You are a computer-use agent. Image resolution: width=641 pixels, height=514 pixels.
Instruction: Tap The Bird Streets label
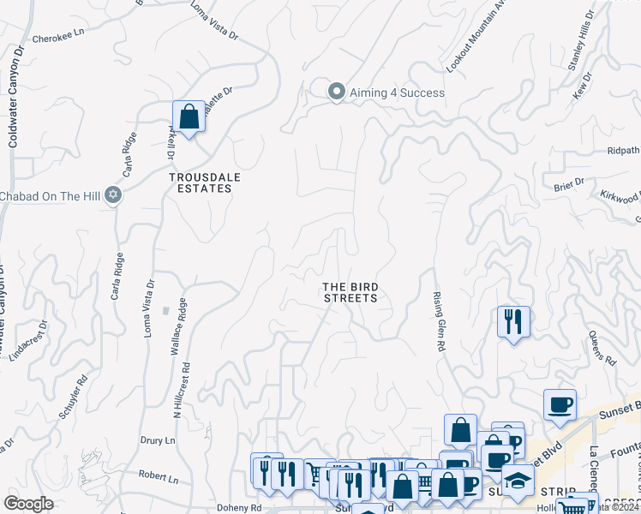(x=350, y=292)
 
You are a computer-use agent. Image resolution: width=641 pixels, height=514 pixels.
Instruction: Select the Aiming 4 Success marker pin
(x=337, y=91)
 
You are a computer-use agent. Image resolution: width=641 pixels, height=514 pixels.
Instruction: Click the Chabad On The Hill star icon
(x=112, y=195)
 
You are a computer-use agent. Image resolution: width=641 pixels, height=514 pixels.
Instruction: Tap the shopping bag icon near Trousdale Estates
(x=189, y=117)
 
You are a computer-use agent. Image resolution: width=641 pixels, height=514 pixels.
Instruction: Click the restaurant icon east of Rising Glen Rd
(x=513, y=322)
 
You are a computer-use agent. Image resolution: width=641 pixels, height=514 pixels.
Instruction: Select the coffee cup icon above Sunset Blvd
(x=560, y=404)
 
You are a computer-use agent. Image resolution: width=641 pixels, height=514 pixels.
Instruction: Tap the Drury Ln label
(x=157, y=440)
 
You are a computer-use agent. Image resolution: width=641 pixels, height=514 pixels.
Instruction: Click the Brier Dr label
(x=568, y=182)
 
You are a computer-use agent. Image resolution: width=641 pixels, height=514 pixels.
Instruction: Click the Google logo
(x=29, y=504)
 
